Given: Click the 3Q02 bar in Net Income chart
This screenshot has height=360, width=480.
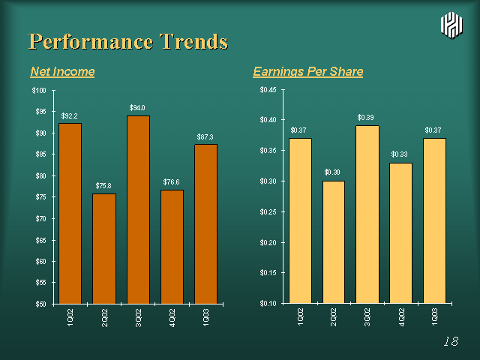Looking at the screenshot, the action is click(x=138, y=210).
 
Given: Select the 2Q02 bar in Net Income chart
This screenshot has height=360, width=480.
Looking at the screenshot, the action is click(x=104, y=248).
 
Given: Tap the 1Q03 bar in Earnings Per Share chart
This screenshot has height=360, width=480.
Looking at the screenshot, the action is click(x=434, y=220).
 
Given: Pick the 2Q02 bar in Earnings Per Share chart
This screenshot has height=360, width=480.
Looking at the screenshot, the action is click(x=334, y=242).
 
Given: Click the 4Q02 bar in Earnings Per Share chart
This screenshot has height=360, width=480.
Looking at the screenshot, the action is click(x=400, y=233).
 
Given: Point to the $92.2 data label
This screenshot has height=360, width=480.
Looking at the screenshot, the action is click(x=69, y=116).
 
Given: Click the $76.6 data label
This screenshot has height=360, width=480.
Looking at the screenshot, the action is click(x=171, y=182).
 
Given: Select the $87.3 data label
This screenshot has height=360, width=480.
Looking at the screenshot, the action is click(x=205, y=136).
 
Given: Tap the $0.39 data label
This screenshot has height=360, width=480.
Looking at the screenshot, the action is click(x=365, y=118).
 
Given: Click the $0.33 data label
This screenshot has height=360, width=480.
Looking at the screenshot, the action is click(x=399, y=154).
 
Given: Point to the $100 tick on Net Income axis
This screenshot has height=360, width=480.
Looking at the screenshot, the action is click(x=39, y=91).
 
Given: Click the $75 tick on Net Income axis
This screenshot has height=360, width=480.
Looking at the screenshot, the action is click(x=40, y=197).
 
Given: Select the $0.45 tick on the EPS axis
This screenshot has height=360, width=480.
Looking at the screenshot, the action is click(x=268, y=90).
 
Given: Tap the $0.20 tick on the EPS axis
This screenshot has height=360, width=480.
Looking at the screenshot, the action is click(x=268, y=243).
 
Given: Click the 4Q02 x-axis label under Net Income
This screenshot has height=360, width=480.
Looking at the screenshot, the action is click(x=172, y=318).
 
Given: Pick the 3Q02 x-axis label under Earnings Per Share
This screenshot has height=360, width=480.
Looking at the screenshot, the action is click(x=367, y=317).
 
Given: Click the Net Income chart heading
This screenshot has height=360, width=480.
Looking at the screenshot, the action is click(x=62, y=72).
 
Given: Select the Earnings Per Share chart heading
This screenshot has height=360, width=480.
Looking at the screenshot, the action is click(x=308, y=72).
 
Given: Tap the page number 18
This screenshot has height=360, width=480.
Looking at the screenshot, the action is click(x=451, y=341).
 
